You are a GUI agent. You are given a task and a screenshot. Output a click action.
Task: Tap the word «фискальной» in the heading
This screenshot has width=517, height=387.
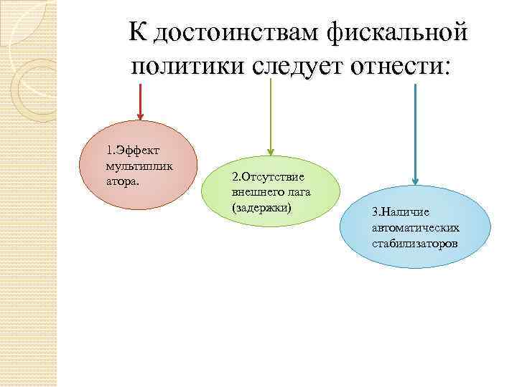pyautogui.click(x=398, y=32)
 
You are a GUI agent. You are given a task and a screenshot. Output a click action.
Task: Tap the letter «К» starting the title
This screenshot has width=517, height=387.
pyautogui.click(x=137, y=32)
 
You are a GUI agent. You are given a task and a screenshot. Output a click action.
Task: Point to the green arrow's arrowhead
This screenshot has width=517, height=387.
pyautogui.click(x=270, y=149)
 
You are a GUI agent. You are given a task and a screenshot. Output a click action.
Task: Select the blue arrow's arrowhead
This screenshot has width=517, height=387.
pyautogui.click(x=415, y=181)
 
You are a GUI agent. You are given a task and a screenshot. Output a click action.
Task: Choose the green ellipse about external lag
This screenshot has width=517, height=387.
pyautogui.click(x=271, y=193)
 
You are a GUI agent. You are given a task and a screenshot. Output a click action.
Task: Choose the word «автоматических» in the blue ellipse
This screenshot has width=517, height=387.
pyautogui.click(x=416, y=227)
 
